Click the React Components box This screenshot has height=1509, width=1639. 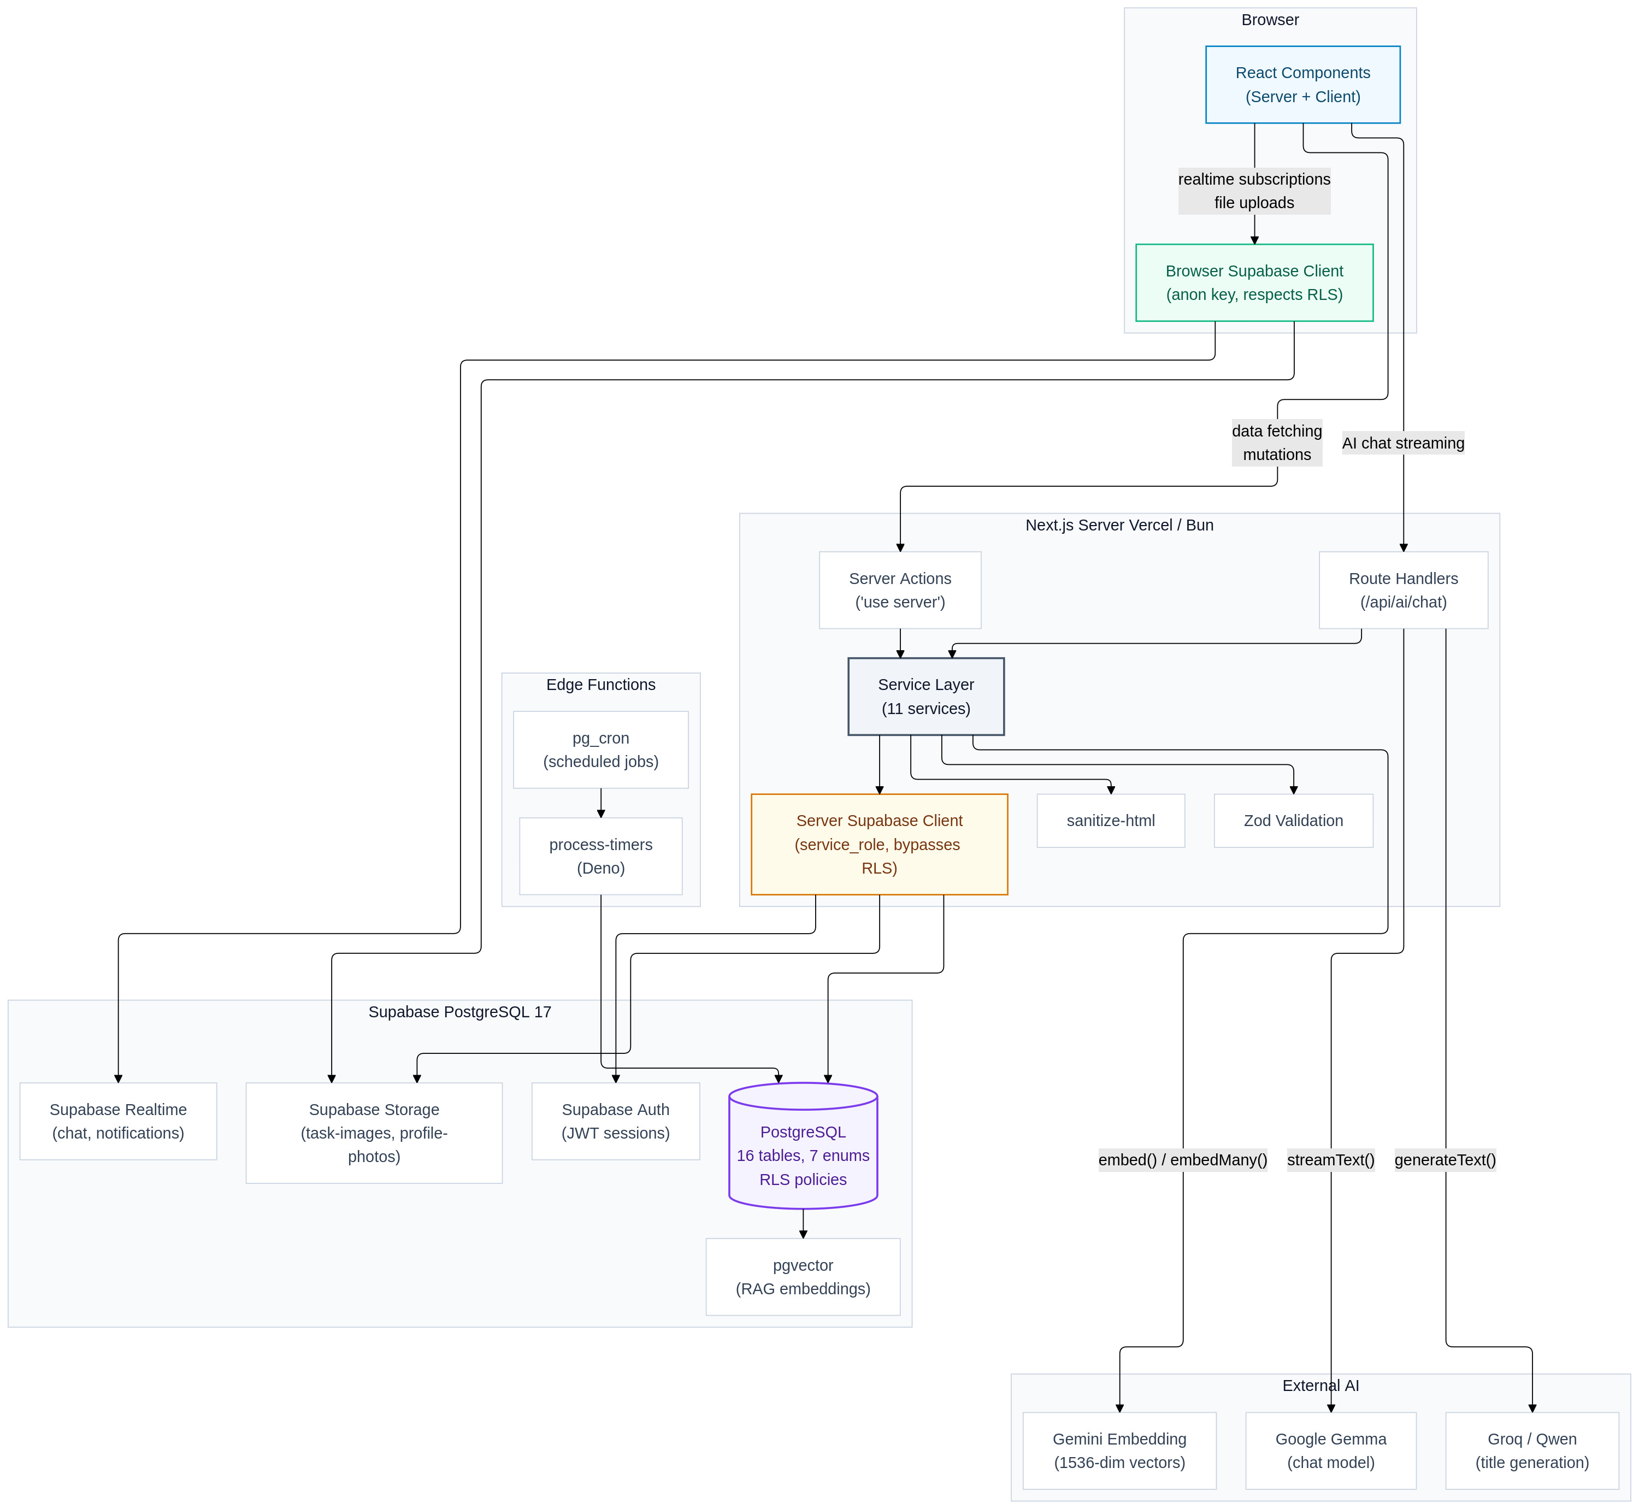click(1302, 85)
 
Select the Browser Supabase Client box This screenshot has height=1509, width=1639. click(1254, 282)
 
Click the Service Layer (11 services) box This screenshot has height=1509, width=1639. click(926, 697)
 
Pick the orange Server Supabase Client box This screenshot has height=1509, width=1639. click(880, 844)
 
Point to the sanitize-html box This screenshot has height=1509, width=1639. click(1111, 821)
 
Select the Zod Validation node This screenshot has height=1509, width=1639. click(1294, 821)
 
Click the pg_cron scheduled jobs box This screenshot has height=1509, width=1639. click(601, 750)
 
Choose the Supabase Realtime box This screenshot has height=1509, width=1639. click(119, 1121)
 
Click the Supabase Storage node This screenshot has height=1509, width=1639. click(374, 1133)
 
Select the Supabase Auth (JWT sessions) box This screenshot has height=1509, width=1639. click(616, 1121)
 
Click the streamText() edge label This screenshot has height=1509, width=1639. click(1331, 1159)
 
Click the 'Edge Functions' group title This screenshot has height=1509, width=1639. click(601, 684)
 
